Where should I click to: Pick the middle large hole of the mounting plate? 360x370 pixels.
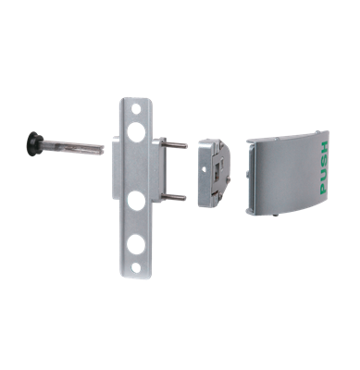[x=136, y=200]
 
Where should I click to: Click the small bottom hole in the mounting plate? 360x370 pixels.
[x=137, y=266]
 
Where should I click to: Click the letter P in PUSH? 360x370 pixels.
[x=322, y=189]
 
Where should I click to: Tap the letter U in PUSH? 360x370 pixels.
[x=322, y=174]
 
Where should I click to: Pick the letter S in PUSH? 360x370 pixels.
[x=322, y=159]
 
